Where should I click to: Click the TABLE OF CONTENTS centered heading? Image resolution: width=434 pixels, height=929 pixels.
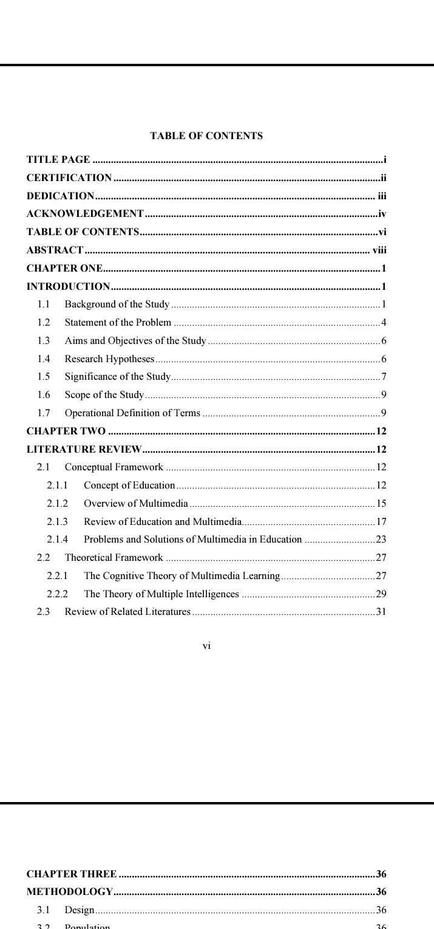coord(206,136)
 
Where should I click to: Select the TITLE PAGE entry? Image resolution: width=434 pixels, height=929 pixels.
coord(58,160)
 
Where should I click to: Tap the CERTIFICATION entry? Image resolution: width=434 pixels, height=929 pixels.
coord(69,178)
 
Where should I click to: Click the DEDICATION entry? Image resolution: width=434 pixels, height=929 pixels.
coord(60,196)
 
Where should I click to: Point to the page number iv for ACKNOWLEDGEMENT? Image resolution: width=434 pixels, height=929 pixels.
coord(382,214)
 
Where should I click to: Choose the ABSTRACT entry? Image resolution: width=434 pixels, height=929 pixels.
coord(55,250)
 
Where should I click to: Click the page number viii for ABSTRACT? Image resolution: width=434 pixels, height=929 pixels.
coord(379,250)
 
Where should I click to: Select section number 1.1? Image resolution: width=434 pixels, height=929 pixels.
coord(43,304)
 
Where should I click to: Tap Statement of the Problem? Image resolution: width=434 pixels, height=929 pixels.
coord(118,322)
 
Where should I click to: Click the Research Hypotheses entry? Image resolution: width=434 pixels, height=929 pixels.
coord(109,358)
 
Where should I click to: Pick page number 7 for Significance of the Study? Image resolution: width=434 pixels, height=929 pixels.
coord(384,377)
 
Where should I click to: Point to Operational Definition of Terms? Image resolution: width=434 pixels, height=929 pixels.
coord(132,413)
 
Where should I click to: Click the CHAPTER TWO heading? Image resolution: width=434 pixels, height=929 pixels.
coord(66,431)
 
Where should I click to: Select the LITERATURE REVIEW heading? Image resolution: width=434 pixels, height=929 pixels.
coord(84,450)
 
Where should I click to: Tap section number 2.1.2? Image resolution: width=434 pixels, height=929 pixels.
coord(58,503)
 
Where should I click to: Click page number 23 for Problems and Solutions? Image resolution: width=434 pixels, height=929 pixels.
coord(381,540)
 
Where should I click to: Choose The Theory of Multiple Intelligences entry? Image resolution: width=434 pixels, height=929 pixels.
coord(161,594)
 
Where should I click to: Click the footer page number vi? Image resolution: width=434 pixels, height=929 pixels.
coord(206,646)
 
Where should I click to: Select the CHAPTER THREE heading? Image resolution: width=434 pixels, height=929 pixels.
coord(72,874)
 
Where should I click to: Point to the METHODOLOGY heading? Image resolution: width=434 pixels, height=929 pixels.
coord(70,892)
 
